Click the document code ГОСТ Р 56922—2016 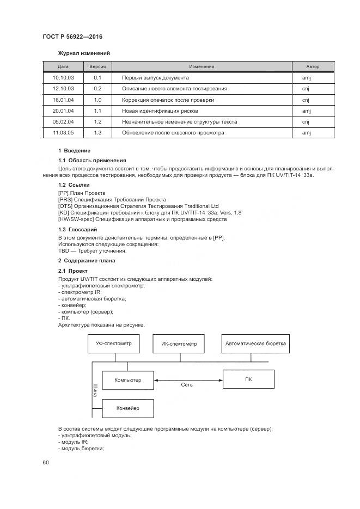[x=72, y=36]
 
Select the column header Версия [x=97, y=66]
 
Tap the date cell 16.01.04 [x=63, y=100]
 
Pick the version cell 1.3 [x=97, y=132]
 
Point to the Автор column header [x=313, y=66]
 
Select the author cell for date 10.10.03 [x=306, y=78]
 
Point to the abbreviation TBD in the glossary [x=63, y=251]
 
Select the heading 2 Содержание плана [x=87, y=261]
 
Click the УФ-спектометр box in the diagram [x=113, y=344]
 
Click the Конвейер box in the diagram [x=127, y=408]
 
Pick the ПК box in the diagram [x=248, y=379]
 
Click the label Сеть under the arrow [x=187, y=384]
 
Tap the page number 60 [x=46, y=462]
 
